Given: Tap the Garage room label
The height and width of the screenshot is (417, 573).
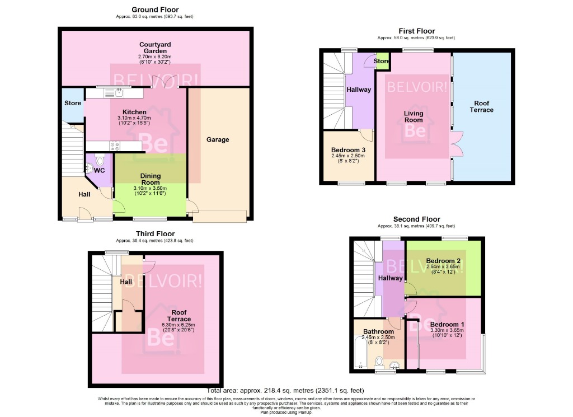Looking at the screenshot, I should click(218, 139).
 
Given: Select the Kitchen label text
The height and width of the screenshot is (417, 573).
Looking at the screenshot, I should click(135, 112).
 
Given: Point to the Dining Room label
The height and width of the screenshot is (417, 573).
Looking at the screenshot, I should click(150, 179).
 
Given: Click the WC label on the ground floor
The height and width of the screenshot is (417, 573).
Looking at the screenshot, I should click(100, 170).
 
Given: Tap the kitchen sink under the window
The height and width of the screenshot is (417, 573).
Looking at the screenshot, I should click(117, 93).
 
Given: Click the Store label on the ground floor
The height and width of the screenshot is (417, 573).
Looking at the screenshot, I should click(73, 103).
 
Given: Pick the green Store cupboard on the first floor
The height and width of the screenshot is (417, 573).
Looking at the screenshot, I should click(382, 62).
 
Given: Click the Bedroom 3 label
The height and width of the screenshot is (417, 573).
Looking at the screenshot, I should click(348, 150).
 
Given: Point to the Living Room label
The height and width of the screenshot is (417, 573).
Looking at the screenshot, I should click(414, 116).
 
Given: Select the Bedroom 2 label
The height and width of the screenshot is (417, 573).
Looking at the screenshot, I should click(443, 261).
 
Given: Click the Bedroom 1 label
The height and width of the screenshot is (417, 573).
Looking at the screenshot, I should click(447, 325).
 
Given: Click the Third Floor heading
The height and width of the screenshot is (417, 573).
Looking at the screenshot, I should click(155, 233).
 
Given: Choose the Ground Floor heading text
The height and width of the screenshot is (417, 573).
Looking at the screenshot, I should click(155, 10).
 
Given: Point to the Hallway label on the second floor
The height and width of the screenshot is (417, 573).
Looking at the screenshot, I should click(390, 278).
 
